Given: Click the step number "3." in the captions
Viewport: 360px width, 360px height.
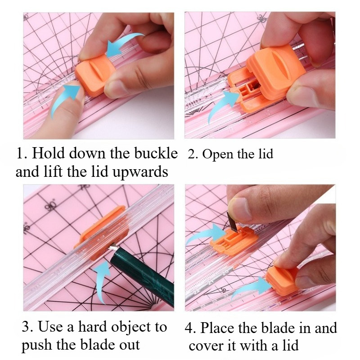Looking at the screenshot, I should [28, 327].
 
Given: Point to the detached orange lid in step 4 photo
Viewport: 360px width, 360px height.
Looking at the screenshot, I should [282, 279].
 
